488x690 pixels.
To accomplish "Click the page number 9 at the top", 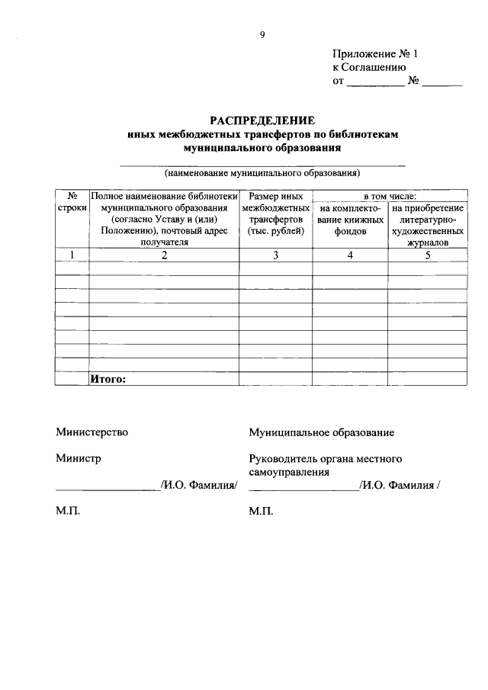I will (x=262, y=34).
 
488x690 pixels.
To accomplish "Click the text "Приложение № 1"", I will (x=376, y=54).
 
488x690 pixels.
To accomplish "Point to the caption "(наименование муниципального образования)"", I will (x=262, y=172).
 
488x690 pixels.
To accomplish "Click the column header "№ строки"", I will (x=72, y=201).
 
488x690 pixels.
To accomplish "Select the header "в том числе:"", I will (x=390, y=196).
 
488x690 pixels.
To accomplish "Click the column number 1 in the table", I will (x=72, y=255).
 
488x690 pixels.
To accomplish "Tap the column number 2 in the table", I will (x=164, y=255).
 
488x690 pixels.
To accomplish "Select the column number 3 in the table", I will (x=276, y=255).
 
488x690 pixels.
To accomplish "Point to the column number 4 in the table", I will (x=351, y=255).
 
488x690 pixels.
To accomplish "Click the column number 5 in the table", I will (x=428, y=255).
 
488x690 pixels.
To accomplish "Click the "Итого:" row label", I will (x=108, y=378).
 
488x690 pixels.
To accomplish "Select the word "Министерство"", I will (x=91, y=432).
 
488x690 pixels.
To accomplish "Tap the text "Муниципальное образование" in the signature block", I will (x=321, y=432).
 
